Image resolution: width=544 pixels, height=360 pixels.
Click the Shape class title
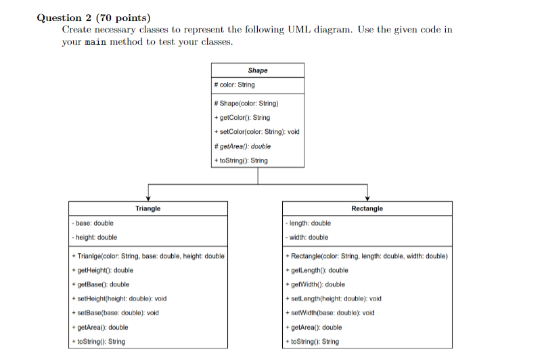[x=257, y=70]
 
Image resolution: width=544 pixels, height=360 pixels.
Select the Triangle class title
[x=148, y=208]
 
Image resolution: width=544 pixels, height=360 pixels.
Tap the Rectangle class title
[x=367, y=208]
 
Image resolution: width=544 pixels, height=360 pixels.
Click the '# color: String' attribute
[x=234, y=85]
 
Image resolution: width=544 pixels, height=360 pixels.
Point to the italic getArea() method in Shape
[x=242, y=146]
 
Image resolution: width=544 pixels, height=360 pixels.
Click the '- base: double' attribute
[x=93, y=223]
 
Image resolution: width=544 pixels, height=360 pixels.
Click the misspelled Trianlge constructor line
[x=148, y=256]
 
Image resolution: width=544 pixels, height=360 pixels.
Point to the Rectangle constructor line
[x=367, y=256]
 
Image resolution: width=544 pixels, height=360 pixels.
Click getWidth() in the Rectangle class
[x=315, y=285]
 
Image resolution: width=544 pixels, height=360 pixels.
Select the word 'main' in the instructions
[x=95, y=42]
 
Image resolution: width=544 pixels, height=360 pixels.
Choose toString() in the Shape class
[x=240, y=160]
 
